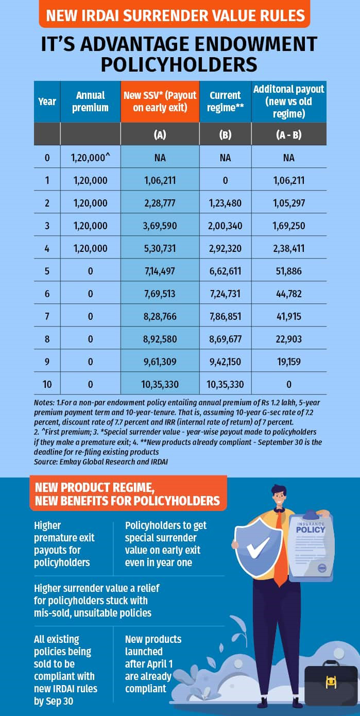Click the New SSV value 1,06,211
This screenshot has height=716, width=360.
(160, 180)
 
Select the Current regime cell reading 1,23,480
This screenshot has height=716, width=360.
(225, 203)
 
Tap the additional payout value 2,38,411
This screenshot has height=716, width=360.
(288, 248)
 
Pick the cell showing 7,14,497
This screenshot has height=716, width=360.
(160, 271)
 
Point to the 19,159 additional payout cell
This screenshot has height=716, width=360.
(288, 362)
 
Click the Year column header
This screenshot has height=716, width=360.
(47, 101)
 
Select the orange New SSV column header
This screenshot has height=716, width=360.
(160, 101)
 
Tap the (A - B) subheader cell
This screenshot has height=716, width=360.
(288, 134)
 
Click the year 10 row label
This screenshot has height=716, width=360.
(47, 384)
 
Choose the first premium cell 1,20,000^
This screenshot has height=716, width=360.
(91, 158)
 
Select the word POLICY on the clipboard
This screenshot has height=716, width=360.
(311, 529)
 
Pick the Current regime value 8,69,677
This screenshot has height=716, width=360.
(225, 339)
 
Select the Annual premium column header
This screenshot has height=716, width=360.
(91, 101)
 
